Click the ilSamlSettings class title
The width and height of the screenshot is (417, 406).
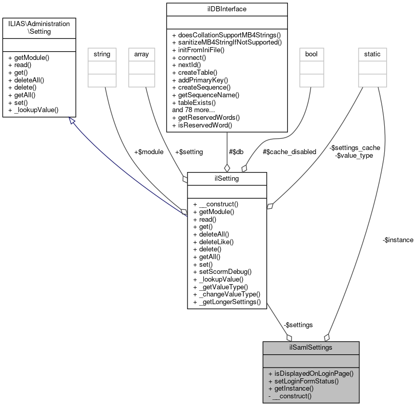click(310, 347)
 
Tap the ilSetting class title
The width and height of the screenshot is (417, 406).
click(227, 178)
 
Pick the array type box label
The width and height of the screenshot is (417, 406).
click(141, 53)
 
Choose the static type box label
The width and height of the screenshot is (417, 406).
click(372, 53)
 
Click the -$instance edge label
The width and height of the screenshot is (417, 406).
click(398, 240)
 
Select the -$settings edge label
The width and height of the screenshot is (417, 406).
click(298, 325)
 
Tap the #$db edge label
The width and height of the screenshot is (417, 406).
click(236, 152)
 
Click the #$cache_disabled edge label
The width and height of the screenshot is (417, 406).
click(289, 152)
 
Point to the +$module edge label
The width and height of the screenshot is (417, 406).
click(149, 152)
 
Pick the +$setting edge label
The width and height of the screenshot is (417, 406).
click(189, 152)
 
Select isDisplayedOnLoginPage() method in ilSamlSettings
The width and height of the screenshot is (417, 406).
click(310, 373)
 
